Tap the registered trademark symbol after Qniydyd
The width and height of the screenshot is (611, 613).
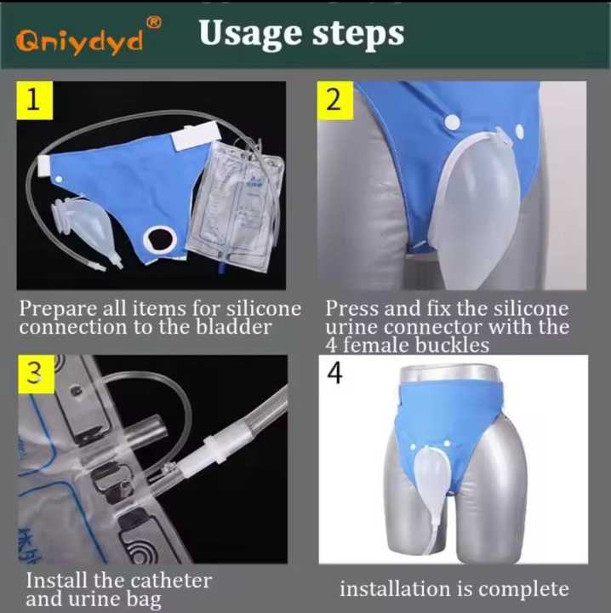click(x=154, y=23)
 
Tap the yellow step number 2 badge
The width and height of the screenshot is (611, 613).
click(x=334, y=100)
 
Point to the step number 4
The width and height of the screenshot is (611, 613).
click(x=334, y=373)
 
